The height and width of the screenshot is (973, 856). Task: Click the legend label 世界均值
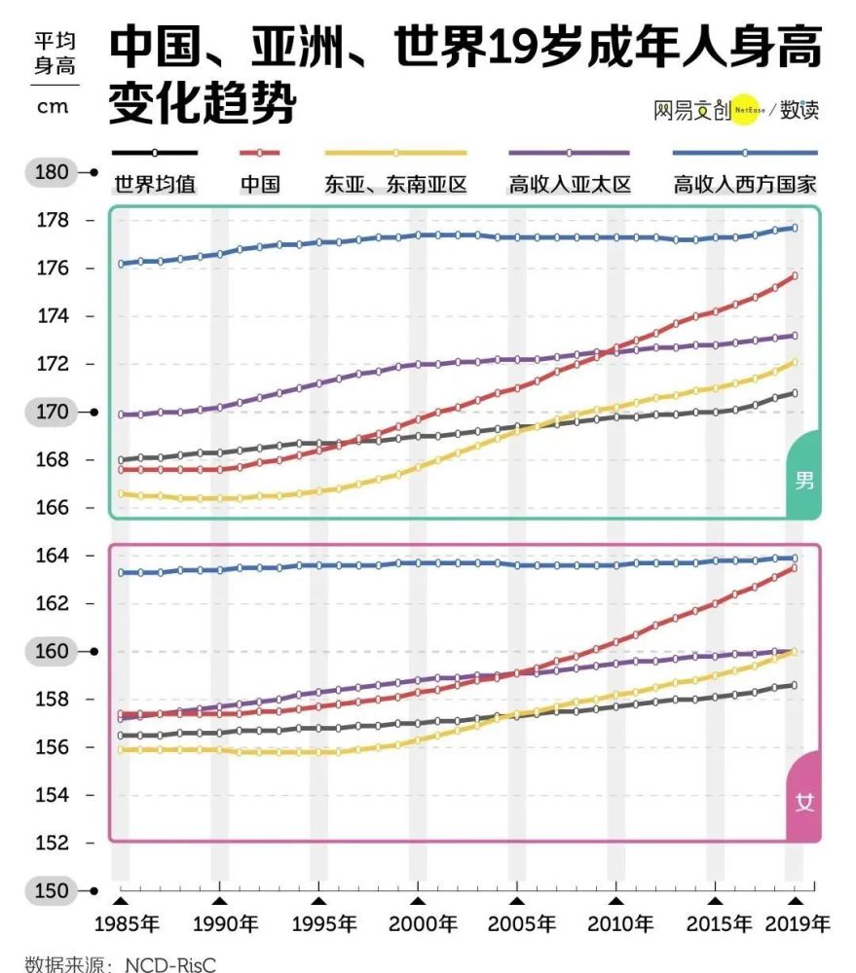[155, 184]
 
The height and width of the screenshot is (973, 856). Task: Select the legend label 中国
[260, 184]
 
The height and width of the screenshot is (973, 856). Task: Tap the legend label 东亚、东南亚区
[395, 184]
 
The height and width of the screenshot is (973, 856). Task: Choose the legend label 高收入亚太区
[570, 184]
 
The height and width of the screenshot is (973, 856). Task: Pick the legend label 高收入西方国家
[745, 184]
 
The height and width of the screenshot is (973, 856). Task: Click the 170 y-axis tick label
[52, 412]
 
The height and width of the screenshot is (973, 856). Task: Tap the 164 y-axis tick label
[53, 556]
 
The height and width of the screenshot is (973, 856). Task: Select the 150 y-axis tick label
[52, 890]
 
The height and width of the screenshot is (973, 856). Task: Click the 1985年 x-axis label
[127, 924]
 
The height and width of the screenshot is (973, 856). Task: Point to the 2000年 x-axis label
[423, 924]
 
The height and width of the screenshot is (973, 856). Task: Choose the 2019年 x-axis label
[797, 924]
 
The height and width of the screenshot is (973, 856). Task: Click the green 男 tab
[803, 479]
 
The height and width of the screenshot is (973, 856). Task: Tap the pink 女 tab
[803, 802]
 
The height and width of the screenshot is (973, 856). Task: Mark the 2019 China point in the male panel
[794, 276]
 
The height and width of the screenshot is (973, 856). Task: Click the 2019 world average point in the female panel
[794, 686]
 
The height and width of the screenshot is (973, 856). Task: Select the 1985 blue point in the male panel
[121, 264]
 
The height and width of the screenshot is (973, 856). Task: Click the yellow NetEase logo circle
[746, 110]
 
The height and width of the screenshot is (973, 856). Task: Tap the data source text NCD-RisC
[170, 964]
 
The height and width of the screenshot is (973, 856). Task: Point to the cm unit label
[53, 107]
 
